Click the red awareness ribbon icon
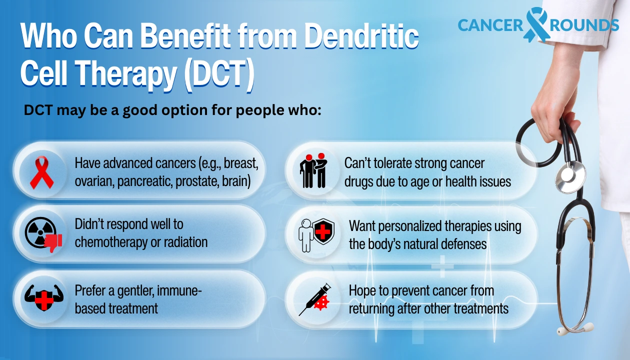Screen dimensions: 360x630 (41, 171)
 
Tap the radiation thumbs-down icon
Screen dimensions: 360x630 (43, 234)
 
